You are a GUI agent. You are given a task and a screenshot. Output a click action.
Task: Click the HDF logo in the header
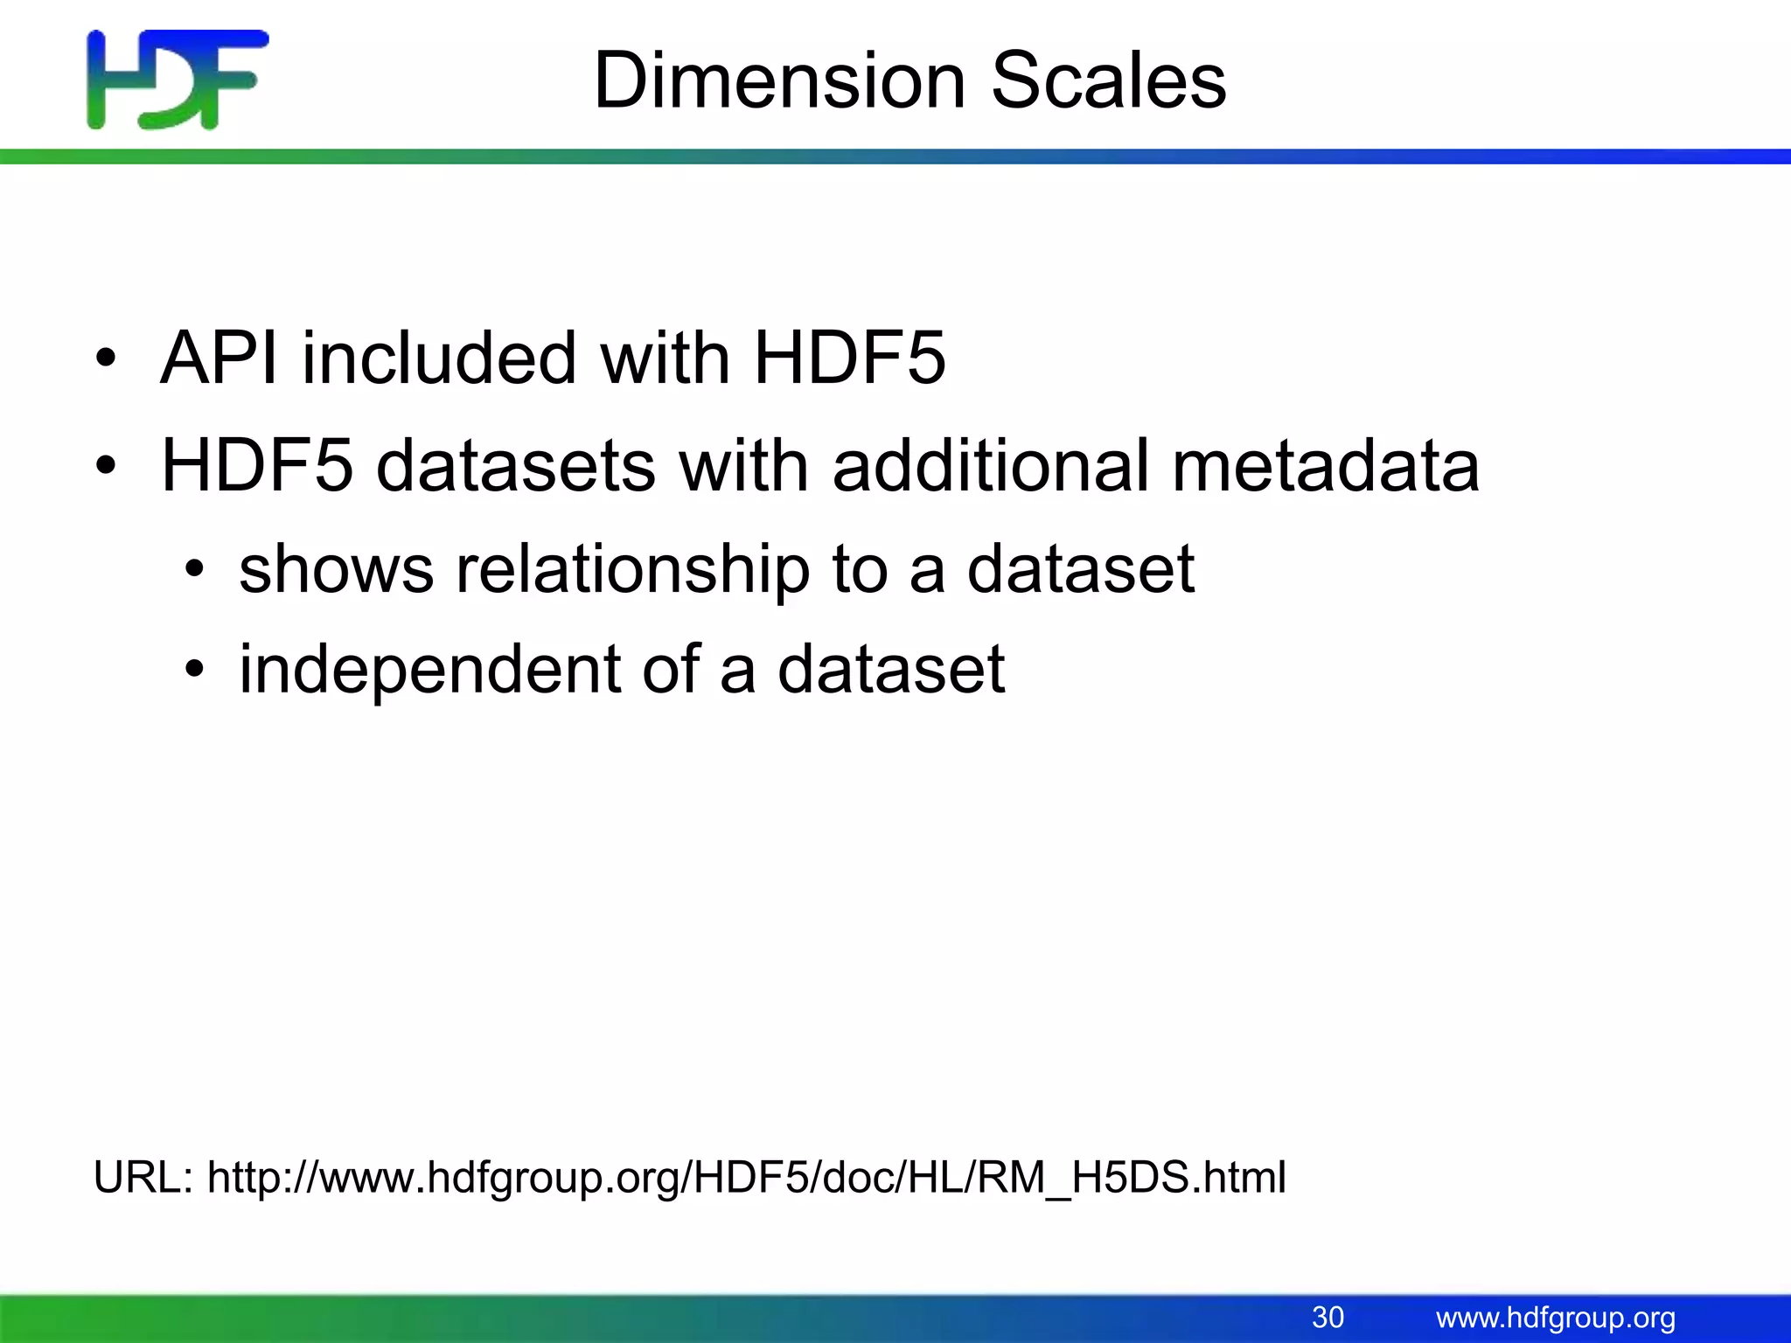pos(178,80)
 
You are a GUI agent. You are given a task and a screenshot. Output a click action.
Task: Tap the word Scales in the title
pos(1108,80)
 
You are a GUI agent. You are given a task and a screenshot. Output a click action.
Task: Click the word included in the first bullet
pos(439,358)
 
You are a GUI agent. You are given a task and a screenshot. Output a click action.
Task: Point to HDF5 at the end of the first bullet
pos(849,358)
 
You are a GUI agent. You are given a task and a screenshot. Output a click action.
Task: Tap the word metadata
pos(1325,465)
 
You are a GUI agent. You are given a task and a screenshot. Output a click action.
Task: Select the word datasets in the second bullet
pos(516,465)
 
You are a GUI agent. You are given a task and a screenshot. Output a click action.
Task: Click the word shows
pos(336,569)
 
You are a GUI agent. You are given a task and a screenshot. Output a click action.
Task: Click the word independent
pos(429,670)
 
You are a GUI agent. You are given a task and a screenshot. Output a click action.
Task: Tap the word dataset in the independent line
pos(891,670)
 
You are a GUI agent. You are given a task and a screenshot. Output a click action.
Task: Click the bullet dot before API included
pos(106,358)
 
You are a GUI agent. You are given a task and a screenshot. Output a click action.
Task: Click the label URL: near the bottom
pos(143,1177)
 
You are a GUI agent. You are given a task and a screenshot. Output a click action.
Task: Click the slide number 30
pos(1328,1317)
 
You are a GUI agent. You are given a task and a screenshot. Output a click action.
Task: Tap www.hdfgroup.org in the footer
pos(1556,1317)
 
